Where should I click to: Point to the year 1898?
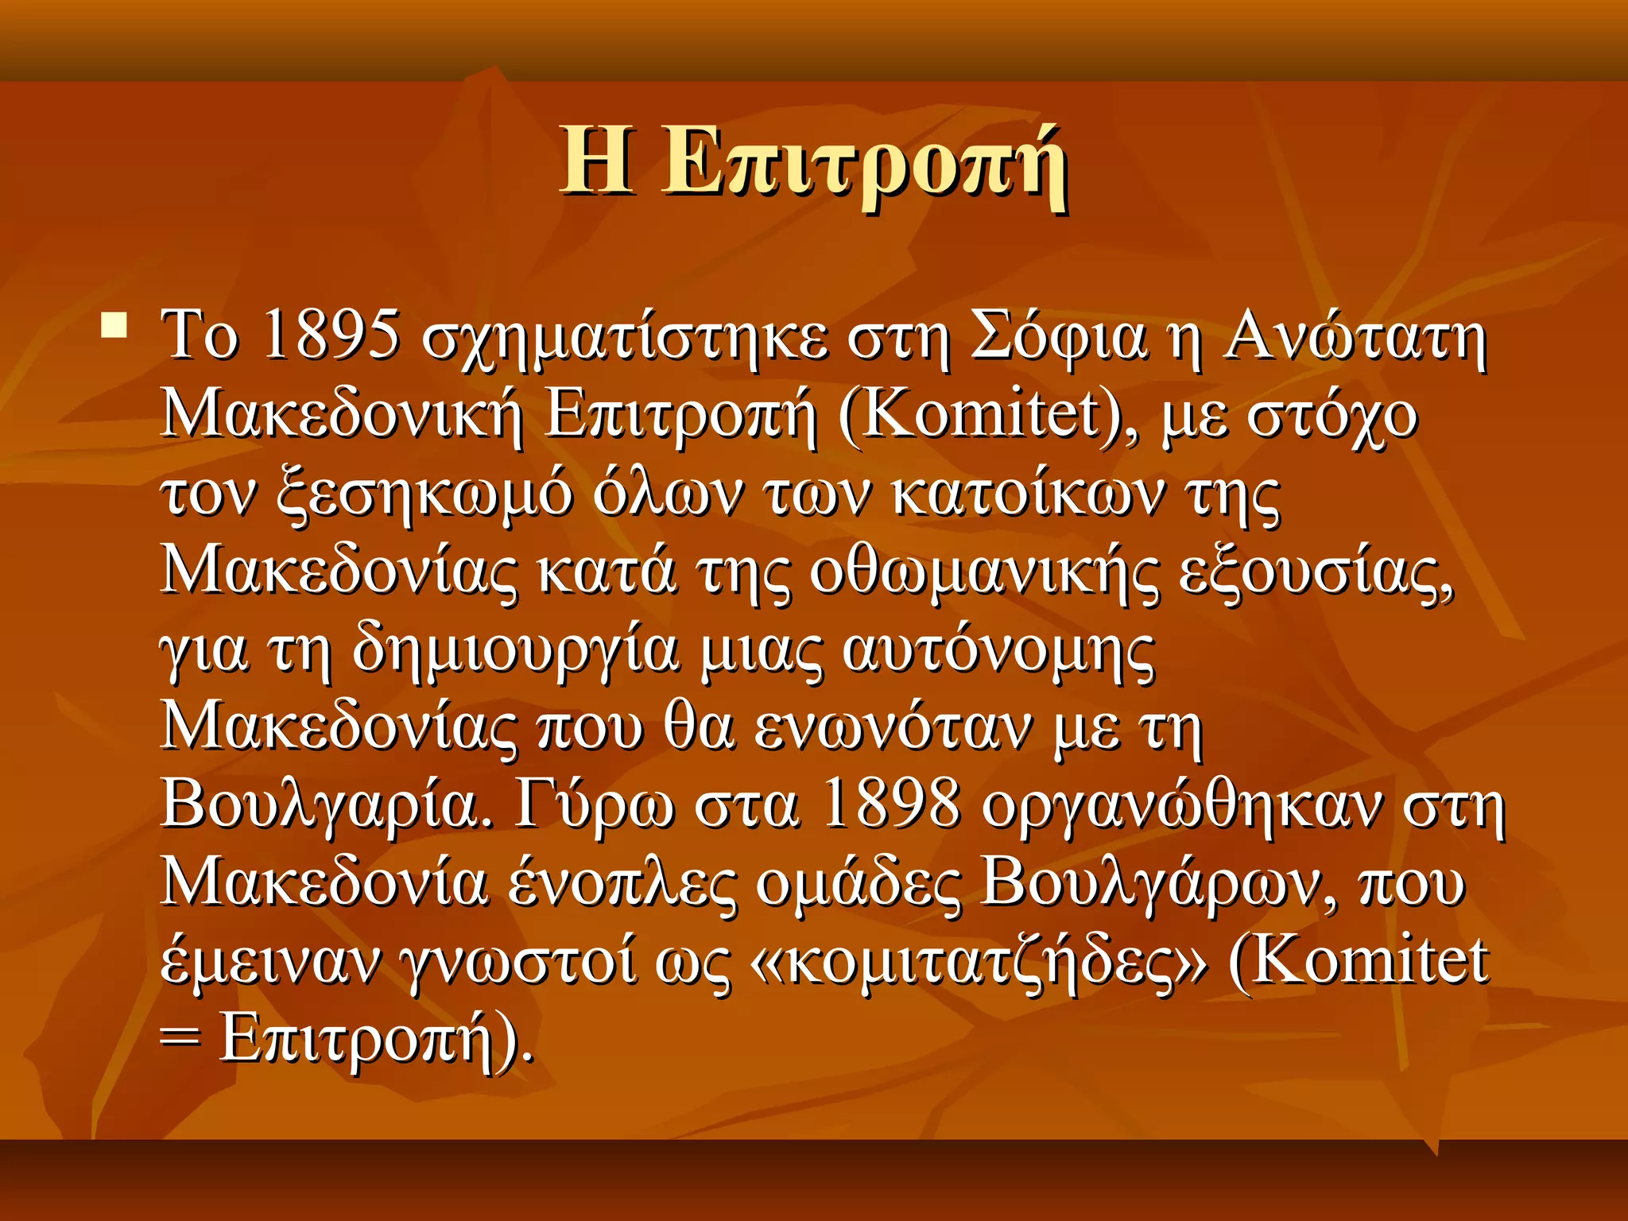(x=891, y=804)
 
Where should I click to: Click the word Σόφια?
(x=1058, y=335)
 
